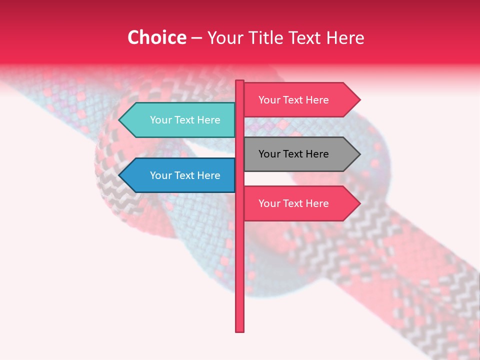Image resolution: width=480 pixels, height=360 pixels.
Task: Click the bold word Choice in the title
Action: pyautogui.click(x=156, y=38)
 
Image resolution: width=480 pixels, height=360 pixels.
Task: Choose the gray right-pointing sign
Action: pyautogui.click(x=297, y=154)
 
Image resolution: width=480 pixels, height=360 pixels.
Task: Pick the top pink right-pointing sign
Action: pyautogui.click(x=297, y=100)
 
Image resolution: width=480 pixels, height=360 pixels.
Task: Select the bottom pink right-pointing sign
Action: pyautogui.click(x=297, y=203)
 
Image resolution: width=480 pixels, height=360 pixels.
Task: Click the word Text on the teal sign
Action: pyautogui.click(x=185, y=120)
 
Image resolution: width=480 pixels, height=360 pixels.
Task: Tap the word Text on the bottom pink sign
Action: pyautogui.click(x=293, y=203)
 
